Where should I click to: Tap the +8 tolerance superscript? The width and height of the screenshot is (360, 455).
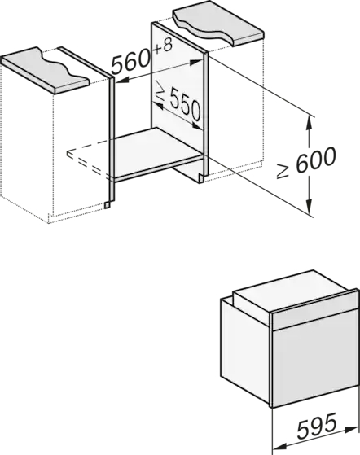point(163,46)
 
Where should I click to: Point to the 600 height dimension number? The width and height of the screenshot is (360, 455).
point(315,159)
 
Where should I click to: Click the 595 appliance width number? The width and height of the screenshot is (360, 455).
point(317,424)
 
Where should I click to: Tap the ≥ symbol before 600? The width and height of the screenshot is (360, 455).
point(283,171)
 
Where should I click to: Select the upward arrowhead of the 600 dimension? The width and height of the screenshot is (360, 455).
point(310,123)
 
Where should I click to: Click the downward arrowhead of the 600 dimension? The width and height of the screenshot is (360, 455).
point(310,208)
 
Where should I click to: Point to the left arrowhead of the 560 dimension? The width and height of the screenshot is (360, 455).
point(122,81)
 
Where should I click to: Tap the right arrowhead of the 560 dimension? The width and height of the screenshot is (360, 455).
point(195,62)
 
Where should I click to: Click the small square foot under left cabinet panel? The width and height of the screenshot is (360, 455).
point(108,205)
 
